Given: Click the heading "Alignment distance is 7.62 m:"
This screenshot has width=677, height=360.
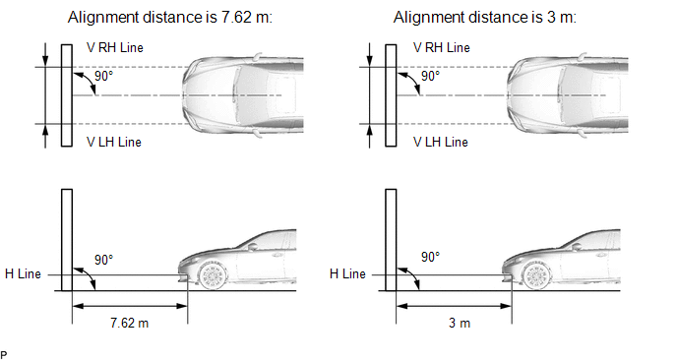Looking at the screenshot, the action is click(x=170, y=18).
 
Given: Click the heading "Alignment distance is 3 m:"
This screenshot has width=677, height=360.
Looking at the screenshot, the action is click(x=484, y=18).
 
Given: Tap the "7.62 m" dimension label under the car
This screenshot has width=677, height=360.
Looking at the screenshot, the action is click(x=130, y=323).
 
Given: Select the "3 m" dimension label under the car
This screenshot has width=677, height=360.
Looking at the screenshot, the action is click(x=460, y=323).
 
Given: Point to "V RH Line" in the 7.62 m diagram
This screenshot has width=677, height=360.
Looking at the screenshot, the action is click(x=115, y=47).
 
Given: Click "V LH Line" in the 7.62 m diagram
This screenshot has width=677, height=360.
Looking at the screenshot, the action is click(x=114, y=142).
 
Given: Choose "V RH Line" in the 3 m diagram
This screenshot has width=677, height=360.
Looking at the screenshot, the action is click(x=441, y=47).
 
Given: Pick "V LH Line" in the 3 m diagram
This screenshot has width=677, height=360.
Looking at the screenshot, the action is click(x=441, y=142).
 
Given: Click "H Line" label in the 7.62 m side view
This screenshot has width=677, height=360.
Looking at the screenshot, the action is click(x=23, y=274).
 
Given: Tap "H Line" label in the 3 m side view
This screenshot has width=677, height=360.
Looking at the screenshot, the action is click(x=347, y=274).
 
